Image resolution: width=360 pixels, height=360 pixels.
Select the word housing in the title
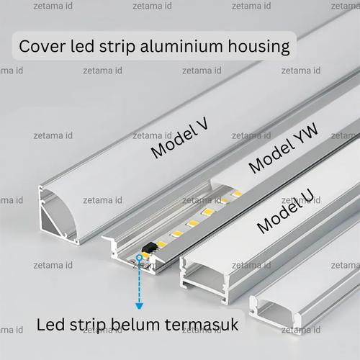(x=259, y=48)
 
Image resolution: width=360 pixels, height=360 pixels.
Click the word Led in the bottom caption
(x=51, y=324)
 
